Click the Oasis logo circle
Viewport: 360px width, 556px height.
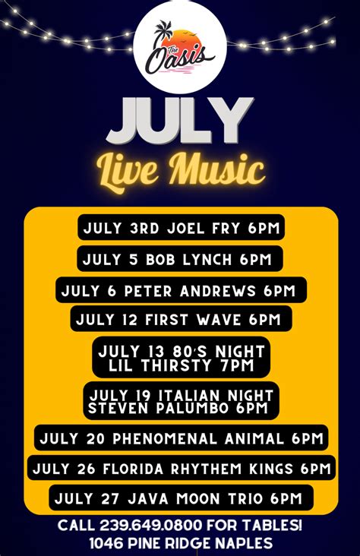[x=180, y=47]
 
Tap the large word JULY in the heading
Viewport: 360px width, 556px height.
[x=180, y=122]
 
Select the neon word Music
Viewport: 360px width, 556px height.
[x=216, y=169]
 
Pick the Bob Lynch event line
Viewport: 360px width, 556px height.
[x=179, y=259]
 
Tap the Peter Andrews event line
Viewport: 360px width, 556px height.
[x=181, y=290]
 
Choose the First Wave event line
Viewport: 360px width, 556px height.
[x=181, y=319]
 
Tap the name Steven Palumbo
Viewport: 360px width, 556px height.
[x=159, y=408]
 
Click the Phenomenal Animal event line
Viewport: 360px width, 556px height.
[x=182, y=438]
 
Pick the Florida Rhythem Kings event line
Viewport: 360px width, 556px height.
[x=182, y=468]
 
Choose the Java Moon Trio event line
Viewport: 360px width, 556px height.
[x=182, y=498]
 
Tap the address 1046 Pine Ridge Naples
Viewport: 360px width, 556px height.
[x=181, y=543]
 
